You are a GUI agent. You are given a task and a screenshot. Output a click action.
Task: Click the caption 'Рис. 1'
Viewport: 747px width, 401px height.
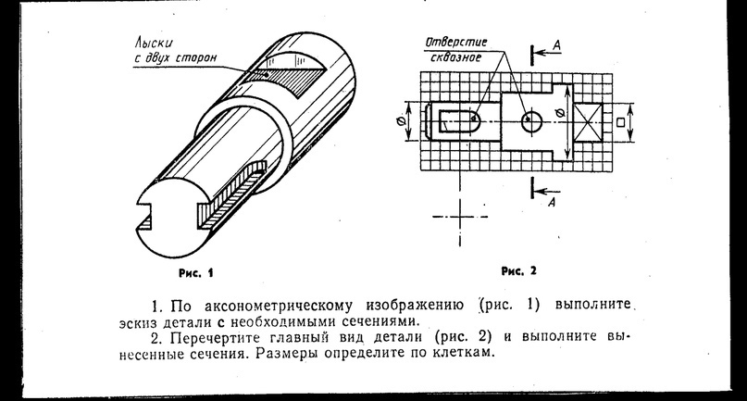pos(196,273)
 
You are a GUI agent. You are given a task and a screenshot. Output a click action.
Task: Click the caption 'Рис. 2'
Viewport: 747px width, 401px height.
pos(518,271)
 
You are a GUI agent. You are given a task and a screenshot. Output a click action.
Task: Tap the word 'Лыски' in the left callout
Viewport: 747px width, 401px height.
pos(153,44)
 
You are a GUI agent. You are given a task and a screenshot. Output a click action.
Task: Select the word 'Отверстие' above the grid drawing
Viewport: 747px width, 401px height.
pos(456,43)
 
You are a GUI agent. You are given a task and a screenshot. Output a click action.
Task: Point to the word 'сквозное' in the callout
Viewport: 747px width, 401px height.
pos(456,57)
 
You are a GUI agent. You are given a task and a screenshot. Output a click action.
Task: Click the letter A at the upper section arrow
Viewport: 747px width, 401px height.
pos(556,45)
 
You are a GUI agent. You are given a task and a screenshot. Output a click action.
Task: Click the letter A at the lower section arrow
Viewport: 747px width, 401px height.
pos(552,202)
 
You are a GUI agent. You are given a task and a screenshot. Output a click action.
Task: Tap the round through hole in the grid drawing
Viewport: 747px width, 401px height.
pos(532,122)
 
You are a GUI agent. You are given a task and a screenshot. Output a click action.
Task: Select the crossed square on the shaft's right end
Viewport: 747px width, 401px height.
pos(588,122)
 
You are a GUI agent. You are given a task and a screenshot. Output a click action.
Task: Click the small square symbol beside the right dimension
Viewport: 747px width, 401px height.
pos(620,122)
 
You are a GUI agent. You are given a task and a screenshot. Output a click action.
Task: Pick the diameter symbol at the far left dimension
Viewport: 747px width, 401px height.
pos(400,121)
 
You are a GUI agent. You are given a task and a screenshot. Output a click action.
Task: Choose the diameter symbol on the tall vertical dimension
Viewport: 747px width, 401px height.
pos(559,114)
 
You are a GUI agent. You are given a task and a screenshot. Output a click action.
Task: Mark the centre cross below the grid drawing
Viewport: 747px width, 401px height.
pos(460,217)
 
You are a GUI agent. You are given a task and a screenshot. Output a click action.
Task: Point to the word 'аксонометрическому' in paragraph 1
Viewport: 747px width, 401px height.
pos(280,305)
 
